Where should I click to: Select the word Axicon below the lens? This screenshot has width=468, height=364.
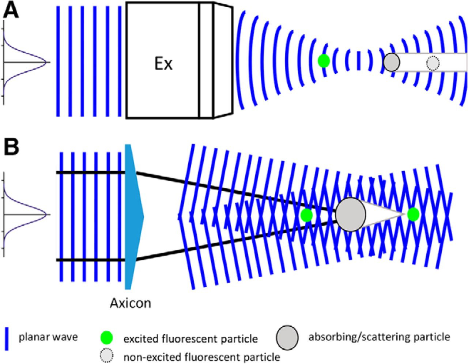coord(131,304)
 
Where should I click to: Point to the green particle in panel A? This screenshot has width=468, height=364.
coord(324,61)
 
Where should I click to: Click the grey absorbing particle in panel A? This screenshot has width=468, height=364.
coord(392,62)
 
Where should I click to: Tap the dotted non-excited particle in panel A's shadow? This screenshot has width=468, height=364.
coord(433,63)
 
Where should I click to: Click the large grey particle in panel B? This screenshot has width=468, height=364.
coord(351,215)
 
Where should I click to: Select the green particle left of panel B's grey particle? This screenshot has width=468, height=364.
coord(306,215)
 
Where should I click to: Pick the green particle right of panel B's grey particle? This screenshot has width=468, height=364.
coord(413,214)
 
